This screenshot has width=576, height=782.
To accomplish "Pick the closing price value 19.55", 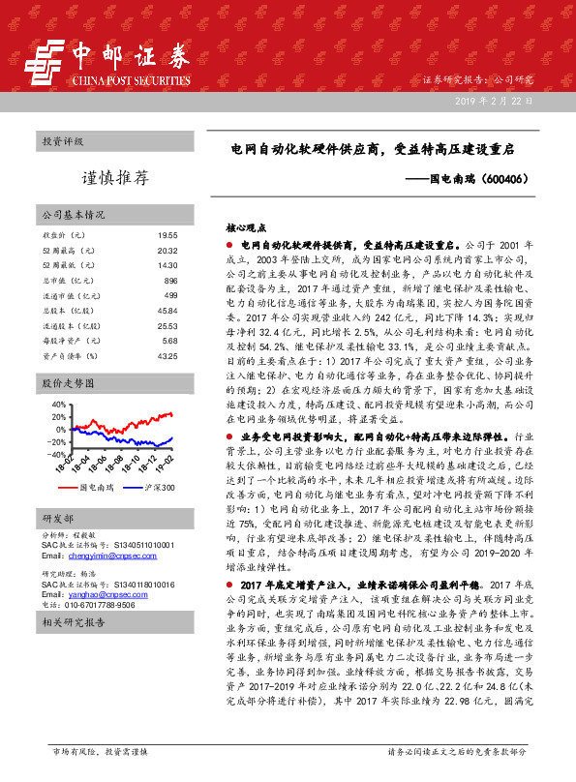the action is tap(167, 235).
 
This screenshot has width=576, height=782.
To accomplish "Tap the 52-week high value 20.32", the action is tap(167, 251).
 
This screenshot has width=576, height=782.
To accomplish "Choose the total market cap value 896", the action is tap(170, 281).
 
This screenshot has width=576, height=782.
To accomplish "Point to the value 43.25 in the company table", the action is tap(167, 356).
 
